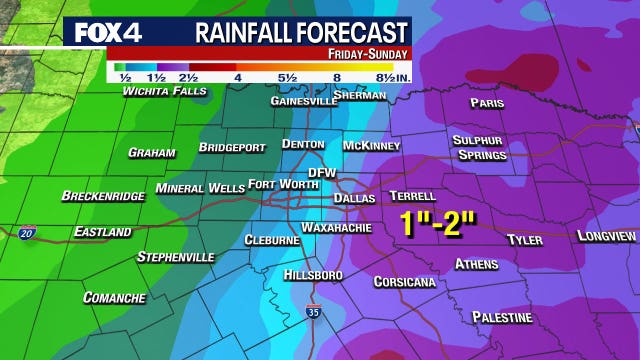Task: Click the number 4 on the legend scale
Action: coord(237,77)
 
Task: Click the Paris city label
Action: coord(487,103)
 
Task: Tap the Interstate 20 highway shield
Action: coord(26,232)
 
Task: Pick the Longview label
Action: coord(606,236)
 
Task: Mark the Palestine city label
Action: coord(501,317)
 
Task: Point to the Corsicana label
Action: coord(404,282)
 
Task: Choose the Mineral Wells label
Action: coord(199,188)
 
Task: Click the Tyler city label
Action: coord(524,240)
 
